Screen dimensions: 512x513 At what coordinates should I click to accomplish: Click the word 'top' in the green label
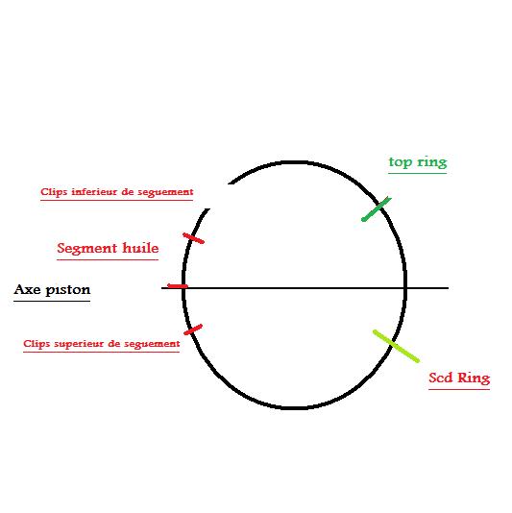[401, 162]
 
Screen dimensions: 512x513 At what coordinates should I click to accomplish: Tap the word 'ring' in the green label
[432, 162]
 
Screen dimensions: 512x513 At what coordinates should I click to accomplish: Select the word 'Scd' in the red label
[440, 378]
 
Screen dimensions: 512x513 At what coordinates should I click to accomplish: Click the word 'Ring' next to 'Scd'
[474, 379]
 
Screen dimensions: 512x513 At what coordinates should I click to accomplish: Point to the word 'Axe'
[28, 289]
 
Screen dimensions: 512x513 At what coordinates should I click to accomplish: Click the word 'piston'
[68, 290]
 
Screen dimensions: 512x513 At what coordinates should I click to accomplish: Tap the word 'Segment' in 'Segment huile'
[87, 248]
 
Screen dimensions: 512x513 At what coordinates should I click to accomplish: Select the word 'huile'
[140, 248]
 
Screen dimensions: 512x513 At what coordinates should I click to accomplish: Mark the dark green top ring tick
[377, 209]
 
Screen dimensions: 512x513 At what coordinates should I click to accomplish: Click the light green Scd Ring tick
[396, 346]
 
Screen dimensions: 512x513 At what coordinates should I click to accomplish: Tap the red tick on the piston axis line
[178, 286]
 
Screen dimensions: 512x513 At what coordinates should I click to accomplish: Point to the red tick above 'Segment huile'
[194, 238]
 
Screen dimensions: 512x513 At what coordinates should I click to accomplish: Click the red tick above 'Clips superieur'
[193, 330]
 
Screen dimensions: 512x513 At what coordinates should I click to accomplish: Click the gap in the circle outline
[219, 196]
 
